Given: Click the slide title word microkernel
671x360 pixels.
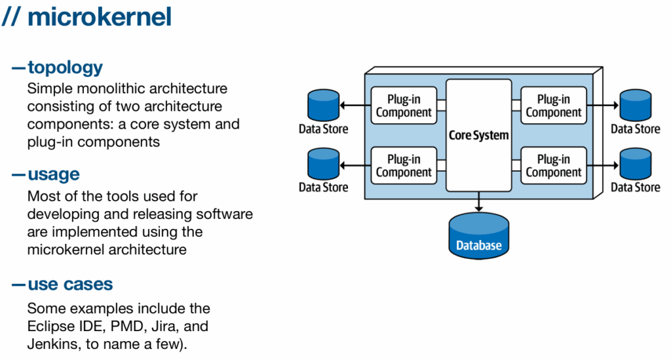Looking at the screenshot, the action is click(x=100, y=17).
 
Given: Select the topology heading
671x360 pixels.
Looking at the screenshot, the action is click(x=65, y=68).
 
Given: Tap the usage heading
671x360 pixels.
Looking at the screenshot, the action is click(x=54, y=174).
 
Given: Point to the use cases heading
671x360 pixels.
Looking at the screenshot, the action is click(x=70, y=284).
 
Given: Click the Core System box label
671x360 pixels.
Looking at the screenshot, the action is click(x=478, y=135).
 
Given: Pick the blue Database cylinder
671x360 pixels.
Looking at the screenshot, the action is click(x=478, y=236).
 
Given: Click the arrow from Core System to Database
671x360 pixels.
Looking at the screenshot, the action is click(x=478, y=201).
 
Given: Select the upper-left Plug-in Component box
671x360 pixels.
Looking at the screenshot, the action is click(x=404, y=106).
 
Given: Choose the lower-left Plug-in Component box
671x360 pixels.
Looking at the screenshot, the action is click(x=404, y=166).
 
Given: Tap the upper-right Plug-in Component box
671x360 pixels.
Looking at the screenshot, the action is click(x=553, y=106).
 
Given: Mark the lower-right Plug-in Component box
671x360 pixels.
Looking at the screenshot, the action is click(x=553, y=166).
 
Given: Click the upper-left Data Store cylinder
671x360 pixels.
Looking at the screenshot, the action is click(x=324, y=105).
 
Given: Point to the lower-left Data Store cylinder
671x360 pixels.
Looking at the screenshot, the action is click(x=324, y=164).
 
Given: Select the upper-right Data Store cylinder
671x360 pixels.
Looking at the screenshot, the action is click(x=636, y=105).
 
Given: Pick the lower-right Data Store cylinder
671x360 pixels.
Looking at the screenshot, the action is click(x=636, y=164).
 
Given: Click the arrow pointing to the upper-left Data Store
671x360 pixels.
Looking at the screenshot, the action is click(x=355, y=106).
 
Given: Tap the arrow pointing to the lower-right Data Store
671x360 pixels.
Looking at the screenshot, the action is click(x=603, y=165).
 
